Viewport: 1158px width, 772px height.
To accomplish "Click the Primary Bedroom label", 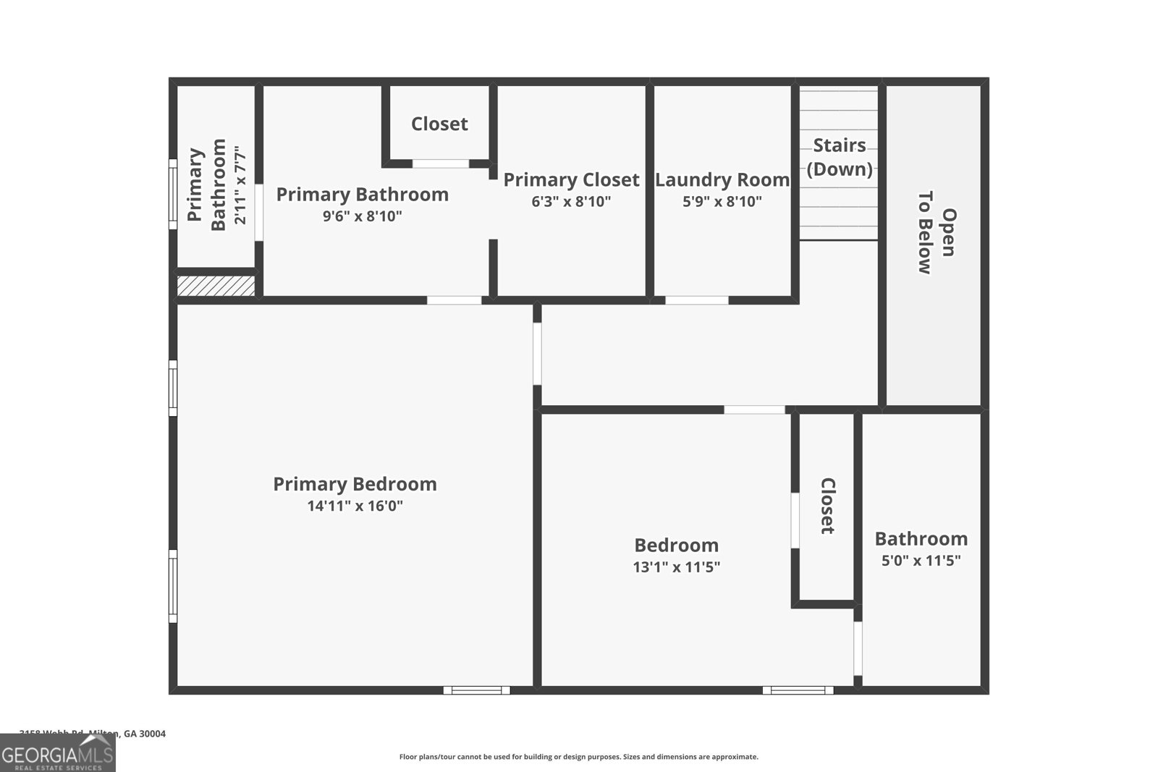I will tap(355, 484).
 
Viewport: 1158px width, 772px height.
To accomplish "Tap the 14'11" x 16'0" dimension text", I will tap(355, 506).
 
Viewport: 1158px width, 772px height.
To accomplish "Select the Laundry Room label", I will tap(722, 179).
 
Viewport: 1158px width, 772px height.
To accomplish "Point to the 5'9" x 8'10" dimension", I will tap(722, 201).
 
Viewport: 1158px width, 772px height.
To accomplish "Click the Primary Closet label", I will tap(571, 179).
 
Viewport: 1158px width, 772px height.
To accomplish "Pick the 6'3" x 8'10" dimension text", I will tap(571, 201).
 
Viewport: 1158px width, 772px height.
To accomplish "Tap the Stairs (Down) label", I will tap(839, 157).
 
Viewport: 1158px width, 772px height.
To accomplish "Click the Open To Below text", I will tap(936, 232).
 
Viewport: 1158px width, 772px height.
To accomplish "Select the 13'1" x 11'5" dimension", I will tap(676, 567).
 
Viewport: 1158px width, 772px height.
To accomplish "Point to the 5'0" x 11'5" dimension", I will tap(921, 560).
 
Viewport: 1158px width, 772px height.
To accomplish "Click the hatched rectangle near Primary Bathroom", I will tap(216, 286).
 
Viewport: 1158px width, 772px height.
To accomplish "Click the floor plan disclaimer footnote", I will tap(578, 757).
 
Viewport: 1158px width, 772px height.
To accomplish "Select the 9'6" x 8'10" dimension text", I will tap(362, 216).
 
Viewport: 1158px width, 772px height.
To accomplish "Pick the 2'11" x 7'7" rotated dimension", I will tap(240, 185).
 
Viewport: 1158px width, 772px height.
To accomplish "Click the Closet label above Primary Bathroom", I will tap(439, 124).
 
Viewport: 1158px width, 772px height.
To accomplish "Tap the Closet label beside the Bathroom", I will tap(827, 506).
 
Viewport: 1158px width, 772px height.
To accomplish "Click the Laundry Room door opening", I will tap(696, 300).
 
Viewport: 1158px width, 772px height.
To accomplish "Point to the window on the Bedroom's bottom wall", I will tap(798, 690).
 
